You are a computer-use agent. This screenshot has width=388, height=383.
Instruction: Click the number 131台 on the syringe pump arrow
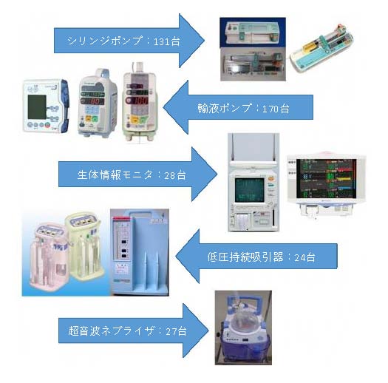pos(167,41)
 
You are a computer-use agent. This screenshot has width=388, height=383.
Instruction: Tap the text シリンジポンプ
pos(105,41)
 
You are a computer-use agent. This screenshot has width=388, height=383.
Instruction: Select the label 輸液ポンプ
pos(225,108)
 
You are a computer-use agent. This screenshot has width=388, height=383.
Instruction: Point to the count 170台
pos(276,109)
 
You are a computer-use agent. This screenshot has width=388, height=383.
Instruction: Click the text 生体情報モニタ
pos(115,174)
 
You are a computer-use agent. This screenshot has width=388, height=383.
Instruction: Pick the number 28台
pos(175,175)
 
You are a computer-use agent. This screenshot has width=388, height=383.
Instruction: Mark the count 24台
pos(304,257)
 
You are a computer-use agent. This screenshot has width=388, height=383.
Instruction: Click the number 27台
pos(176,331)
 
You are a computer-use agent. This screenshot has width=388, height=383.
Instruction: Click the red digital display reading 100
pos(137,101)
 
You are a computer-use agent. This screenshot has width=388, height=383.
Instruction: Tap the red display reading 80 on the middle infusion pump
pos(92,101)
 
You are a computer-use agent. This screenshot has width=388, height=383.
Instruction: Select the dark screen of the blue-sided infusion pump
pos(37,107)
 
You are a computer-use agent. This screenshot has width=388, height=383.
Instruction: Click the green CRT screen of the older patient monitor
pos(250,189)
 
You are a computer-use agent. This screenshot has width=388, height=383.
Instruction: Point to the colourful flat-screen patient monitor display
pos(326,178)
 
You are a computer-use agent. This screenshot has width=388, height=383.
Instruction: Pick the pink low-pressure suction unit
pos(49,256)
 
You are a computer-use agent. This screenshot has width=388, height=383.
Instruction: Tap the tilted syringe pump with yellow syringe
pos(321,50)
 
